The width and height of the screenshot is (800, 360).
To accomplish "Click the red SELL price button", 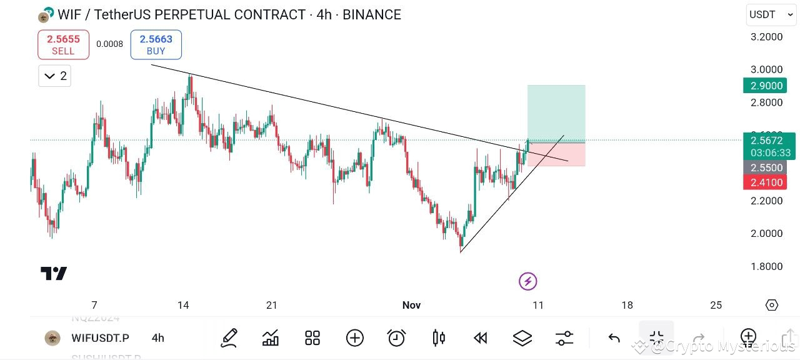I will click(63, 44).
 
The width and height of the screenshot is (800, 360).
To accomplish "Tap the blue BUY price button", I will click(156, 44).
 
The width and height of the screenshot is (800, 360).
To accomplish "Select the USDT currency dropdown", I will click(771, 14).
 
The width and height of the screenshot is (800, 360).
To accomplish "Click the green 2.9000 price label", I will click(767, 86).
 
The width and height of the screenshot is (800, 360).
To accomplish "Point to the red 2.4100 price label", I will click(767, 182).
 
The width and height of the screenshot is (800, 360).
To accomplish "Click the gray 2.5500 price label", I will click(767, 167).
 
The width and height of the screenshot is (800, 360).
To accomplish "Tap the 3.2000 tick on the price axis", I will click(766, 37).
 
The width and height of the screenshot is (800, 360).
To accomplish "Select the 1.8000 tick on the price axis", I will click(766, 266).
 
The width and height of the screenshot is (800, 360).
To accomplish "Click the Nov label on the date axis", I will click(411, 305).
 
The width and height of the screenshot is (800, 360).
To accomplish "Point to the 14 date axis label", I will click(183, 305).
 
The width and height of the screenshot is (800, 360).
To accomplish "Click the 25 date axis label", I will click(716, 305).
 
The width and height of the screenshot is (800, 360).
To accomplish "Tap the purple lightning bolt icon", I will click(528, 281).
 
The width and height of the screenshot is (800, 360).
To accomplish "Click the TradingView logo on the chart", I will click(54, 273).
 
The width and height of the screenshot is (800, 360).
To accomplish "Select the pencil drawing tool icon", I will click(229, 338).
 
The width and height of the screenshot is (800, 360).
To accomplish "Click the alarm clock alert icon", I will click(396, 338).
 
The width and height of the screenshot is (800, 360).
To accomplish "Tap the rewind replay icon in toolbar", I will click(480, 338).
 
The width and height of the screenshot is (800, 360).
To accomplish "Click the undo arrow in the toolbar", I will click(614, 338).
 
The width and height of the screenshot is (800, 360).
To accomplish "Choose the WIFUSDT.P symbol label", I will click(100, 338).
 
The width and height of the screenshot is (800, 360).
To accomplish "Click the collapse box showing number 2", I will click(54, 76).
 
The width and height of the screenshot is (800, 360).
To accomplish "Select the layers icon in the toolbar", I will click(522, 338).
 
